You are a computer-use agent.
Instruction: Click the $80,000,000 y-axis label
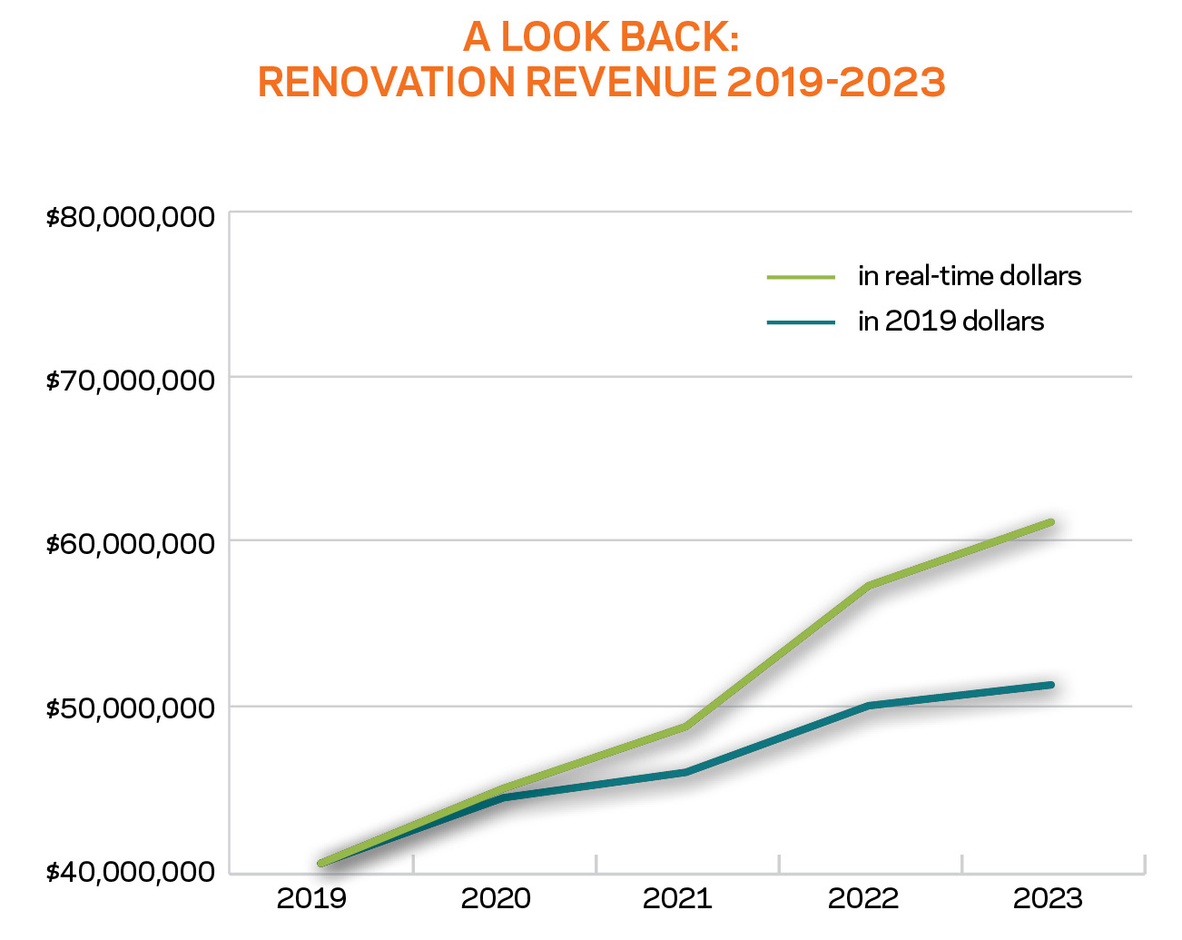[131, 217]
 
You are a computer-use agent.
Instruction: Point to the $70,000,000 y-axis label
[131, 380]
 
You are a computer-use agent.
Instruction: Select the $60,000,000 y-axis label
[131, 544]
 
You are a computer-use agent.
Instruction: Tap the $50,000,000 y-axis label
[131, 707]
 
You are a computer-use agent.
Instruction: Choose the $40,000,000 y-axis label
[131, 872]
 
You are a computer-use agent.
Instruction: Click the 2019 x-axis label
[311, 898]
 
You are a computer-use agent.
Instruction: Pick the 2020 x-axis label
[496, 898]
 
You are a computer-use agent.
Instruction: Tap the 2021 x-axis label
[677, 898]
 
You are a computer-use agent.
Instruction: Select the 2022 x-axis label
[863, 898]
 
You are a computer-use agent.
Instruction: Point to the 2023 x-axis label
[1048, 898]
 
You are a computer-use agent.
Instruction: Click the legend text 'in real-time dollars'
[970, 276]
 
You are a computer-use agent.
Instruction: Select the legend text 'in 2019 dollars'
[951, 322]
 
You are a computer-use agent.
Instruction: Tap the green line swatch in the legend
[801, 277]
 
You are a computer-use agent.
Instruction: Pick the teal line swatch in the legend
[801, 322]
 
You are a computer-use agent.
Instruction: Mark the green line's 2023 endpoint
[1050, 522]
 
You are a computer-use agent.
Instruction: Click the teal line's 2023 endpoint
[1050, 685]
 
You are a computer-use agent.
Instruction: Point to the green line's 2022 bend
[869, 585]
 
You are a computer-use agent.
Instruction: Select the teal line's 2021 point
[685, 772]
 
